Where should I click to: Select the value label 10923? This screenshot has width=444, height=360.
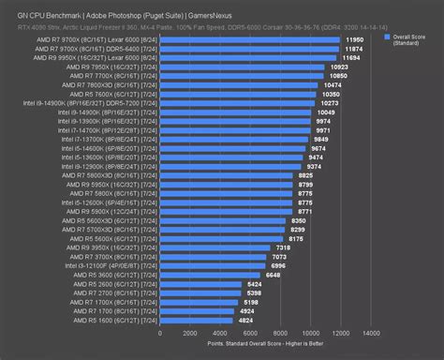tap(338, 67)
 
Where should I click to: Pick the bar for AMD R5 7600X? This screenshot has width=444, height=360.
tap(236, 95)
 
